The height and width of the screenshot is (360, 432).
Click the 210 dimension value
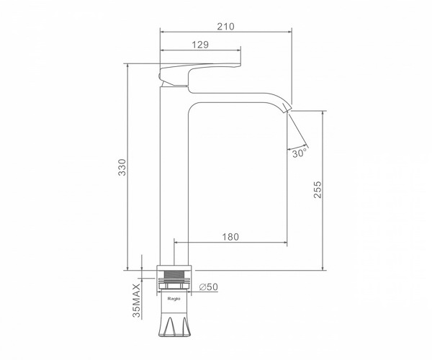[225, 27]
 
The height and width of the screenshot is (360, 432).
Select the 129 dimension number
[200, 45]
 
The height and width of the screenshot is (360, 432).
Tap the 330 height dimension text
[122, 167]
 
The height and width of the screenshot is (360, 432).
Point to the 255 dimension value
[318, 189]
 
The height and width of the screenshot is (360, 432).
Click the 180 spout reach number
[230, 237]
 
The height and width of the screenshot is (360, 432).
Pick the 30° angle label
[300, 153]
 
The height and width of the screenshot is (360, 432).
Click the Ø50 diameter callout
[209, 287]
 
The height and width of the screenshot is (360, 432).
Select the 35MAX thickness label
[136, 300]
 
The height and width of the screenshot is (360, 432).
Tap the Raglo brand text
[174, 299]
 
